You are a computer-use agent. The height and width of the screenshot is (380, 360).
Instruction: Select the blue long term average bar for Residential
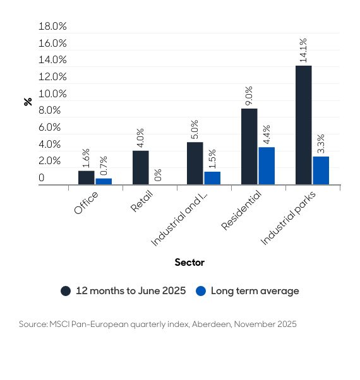click(x=267, y=166)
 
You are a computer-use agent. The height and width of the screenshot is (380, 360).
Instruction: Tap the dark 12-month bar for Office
click(x=86, y=177)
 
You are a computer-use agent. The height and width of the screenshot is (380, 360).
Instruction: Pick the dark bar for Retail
click(x=140, y=167)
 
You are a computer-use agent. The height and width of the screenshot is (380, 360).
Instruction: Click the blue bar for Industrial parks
click(x=321, y=170)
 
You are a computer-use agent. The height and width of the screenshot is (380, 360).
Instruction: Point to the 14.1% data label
click(x=303, y=50)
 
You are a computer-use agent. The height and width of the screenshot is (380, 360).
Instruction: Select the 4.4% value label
click(x=267, y=135)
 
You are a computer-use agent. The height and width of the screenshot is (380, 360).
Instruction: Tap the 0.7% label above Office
click(x=104, y=166)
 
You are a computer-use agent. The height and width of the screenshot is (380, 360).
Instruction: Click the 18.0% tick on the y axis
click(x=52, y=27)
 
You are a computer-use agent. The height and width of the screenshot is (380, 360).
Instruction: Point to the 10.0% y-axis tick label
click(x=52, y=94)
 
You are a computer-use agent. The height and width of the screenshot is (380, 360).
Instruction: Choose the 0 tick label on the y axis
click(x=42, y=178)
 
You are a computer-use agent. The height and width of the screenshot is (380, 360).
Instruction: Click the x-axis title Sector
click(x=189, y=262)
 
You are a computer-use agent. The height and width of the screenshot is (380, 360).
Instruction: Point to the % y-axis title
click(x=28, y=101)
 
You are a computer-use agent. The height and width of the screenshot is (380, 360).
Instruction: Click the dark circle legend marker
click(x=66, y=291)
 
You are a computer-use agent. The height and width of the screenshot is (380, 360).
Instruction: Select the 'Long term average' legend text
click(x=255, y=291)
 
